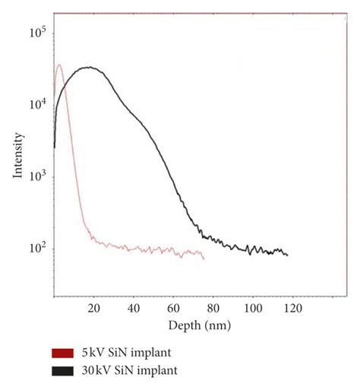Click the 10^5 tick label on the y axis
[37, 33]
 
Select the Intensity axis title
[17, 157]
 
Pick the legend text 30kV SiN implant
[131, 370]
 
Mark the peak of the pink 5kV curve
[59, 65]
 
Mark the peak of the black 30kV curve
[90, 67]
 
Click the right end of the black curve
[288, 255]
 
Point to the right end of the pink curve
[204, 259]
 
